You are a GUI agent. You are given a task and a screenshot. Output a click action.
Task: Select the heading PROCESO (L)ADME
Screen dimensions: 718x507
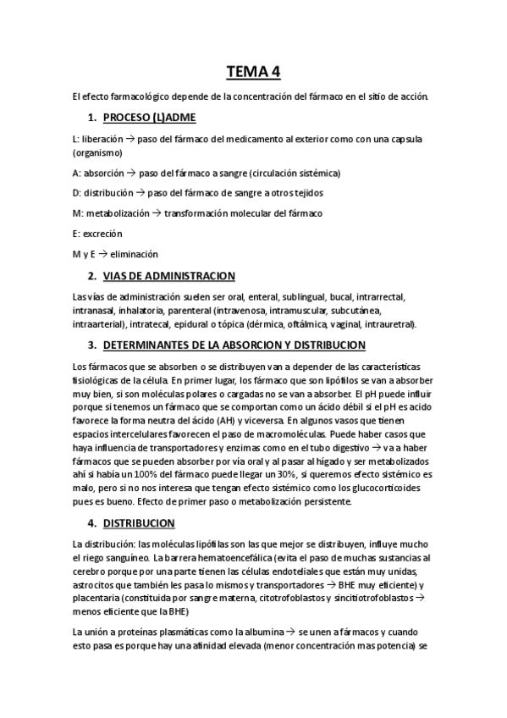coord(148,117)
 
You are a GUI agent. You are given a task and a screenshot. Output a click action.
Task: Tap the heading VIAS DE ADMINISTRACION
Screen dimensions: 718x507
coord(168,276)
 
